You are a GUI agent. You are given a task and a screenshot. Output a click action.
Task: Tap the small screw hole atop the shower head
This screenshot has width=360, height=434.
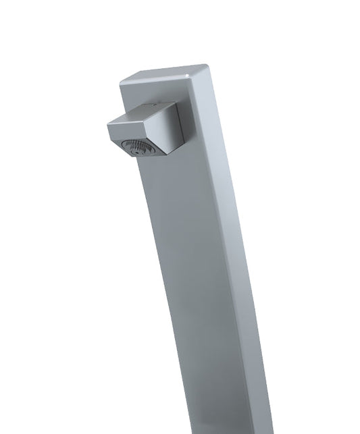pyautogui.click(x=156, y=106)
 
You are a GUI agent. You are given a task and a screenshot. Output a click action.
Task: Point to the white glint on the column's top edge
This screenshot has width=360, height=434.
pyautogui.click(x=187, y=69)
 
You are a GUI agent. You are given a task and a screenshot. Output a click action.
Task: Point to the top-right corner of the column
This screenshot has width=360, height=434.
pyautogui.click(x=207, y=67)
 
